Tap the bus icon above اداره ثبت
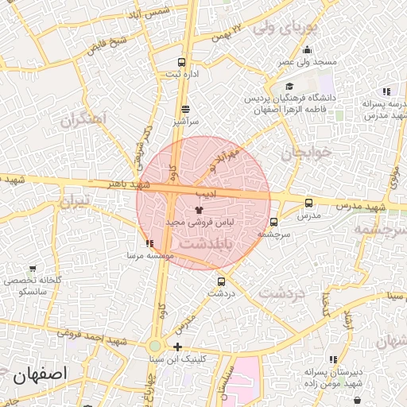(182, 62)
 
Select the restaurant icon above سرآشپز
(185, 110)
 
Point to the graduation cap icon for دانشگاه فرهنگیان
(290, 86)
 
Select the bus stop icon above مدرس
(308, 203)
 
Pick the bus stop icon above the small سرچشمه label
(274, 223)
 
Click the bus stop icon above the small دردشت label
(221, 281)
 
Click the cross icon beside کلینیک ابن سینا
(177, 347)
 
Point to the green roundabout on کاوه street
(155, 346)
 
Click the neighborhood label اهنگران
(82, 122)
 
